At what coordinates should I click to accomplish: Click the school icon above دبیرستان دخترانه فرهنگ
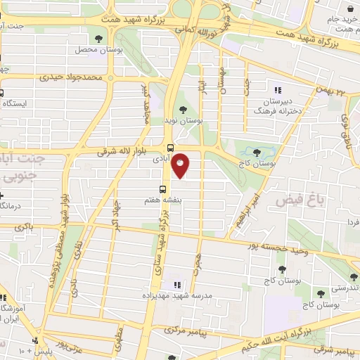click(x=278, y=89)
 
